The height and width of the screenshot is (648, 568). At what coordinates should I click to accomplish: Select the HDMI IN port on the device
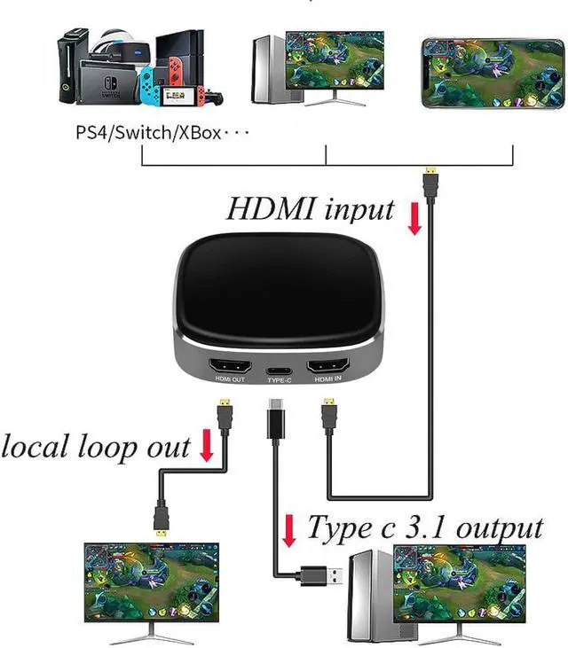coord(327,367)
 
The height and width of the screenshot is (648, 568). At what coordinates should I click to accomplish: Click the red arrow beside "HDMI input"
coord(414,219)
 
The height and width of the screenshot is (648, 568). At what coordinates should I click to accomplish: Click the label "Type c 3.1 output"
coord(424,528)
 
